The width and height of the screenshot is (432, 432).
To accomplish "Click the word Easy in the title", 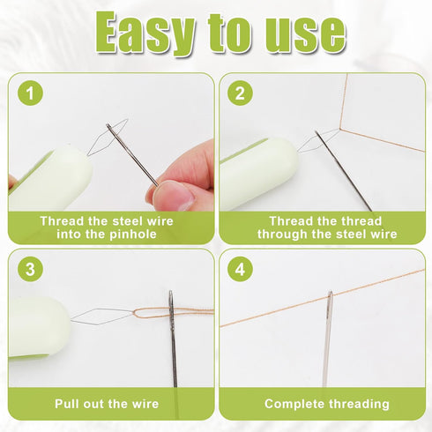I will tap(145, 34).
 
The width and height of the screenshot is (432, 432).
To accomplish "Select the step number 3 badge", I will tap(33, 270).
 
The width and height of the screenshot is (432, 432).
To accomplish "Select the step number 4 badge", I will tap(241, 270).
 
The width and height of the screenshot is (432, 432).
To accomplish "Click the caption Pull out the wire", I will tap(107, 404).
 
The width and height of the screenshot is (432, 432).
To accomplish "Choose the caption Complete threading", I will tap(327, 404).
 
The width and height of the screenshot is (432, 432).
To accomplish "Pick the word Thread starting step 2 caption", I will tap(287, 220).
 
